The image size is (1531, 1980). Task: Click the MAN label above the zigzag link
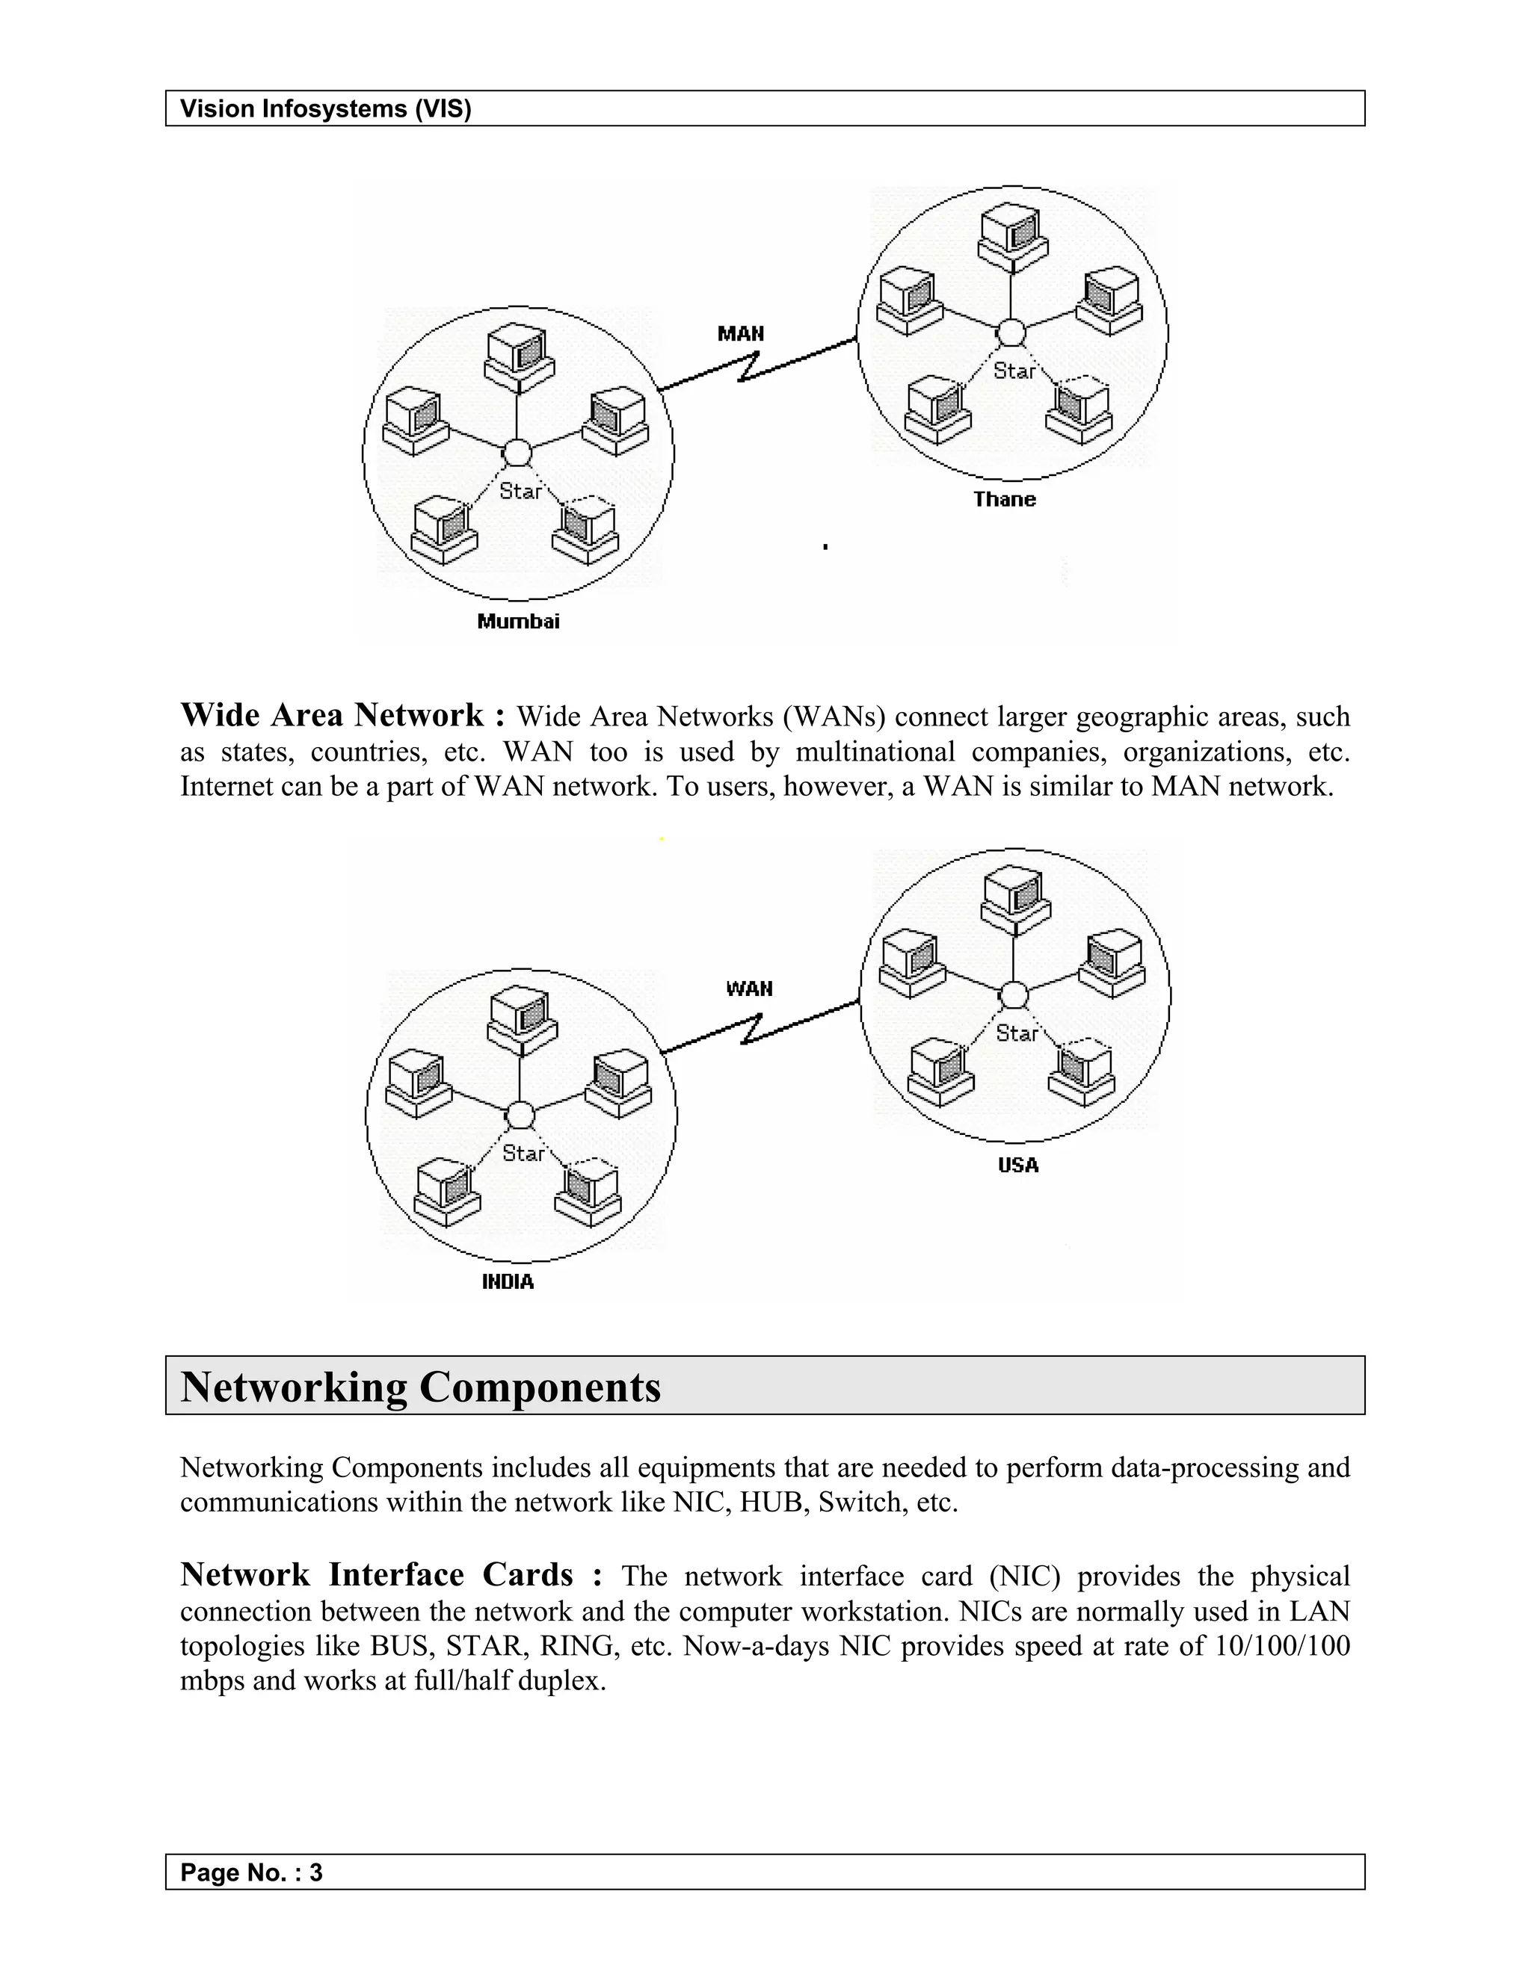tap(740, 334)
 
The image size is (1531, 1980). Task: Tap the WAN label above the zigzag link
tap(749, 989)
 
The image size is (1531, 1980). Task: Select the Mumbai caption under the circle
tap(518, 621)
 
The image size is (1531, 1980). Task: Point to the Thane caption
tap(1004, 500)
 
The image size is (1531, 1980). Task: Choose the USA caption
tap(1017, 1165)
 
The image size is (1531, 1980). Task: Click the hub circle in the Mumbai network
tap(517, 452)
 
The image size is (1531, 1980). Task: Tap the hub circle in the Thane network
tap(1011, 334)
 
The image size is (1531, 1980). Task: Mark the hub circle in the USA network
tap(1013, 995)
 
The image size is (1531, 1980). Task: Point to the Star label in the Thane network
tap(1014, 371)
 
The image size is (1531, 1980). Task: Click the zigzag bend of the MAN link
tap(749, 367)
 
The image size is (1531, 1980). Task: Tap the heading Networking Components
tap(421, 1387)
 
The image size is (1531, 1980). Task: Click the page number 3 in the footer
tap(315, 1872)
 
